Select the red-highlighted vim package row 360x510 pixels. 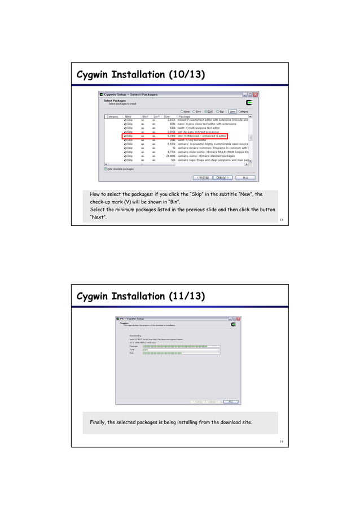(x=174, y=136)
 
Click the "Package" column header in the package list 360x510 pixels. (x=185, y=116)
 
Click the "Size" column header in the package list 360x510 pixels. (x=166, y=116)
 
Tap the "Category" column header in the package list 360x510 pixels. (x=112, y=116)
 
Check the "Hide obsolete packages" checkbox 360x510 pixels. (x=106, y=168)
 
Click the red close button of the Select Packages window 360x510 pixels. (x=255, y=94)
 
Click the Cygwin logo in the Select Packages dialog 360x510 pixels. (x=249, y=103)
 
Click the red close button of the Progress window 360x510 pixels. (x=240, y=319)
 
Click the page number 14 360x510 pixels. (x=280, y=442)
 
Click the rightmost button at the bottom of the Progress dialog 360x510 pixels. (x=230, y=402)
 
